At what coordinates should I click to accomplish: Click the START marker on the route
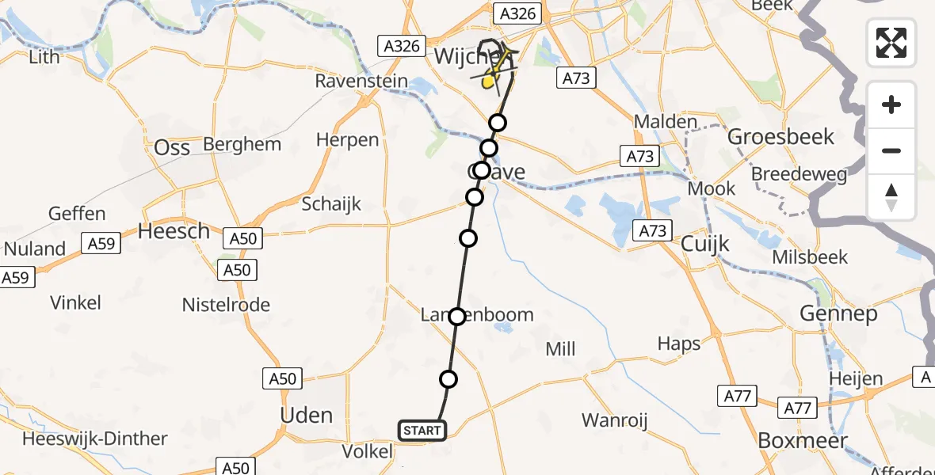422,431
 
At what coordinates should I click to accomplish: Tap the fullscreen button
891,43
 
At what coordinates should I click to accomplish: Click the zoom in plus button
891,105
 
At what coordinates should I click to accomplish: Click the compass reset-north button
891,197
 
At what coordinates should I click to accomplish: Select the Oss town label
172,148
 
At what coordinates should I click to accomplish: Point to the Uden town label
307,416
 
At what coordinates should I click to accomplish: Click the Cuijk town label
704,245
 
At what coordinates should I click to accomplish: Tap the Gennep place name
849,314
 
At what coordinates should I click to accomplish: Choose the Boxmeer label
803,440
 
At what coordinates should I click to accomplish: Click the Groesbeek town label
780,137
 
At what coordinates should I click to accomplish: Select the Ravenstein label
361,81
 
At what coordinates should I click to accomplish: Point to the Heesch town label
174,231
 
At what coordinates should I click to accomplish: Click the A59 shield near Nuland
101,244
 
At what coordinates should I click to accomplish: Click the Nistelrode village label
226,305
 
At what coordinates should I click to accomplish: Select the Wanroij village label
614,420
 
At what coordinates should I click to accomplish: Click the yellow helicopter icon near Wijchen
490,76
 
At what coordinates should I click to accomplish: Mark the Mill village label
560,349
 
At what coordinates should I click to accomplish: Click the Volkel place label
368,451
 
